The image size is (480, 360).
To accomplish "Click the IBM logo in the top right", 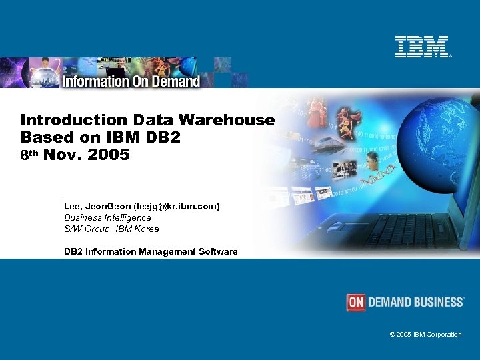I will (422, 47).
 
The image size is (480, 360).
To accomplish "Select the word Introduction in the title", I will (64, 120).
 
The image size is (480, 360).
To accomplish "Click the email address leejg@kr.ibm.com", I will (176, 207).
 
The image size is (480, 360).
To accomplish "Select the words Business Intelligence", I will (107, 217).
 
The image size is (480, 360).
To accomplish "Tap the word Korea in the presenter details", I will (146, 229).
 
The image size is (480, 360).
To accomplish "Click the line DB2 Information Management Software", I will (151, 251).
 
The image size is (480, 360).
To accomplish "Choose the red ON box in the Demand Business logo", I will (356, 302).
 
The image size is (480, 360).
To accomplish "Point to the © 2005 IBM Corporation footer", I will (425, 334).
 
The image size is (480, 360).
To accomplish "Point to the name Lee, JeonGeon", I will (97, 207).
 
